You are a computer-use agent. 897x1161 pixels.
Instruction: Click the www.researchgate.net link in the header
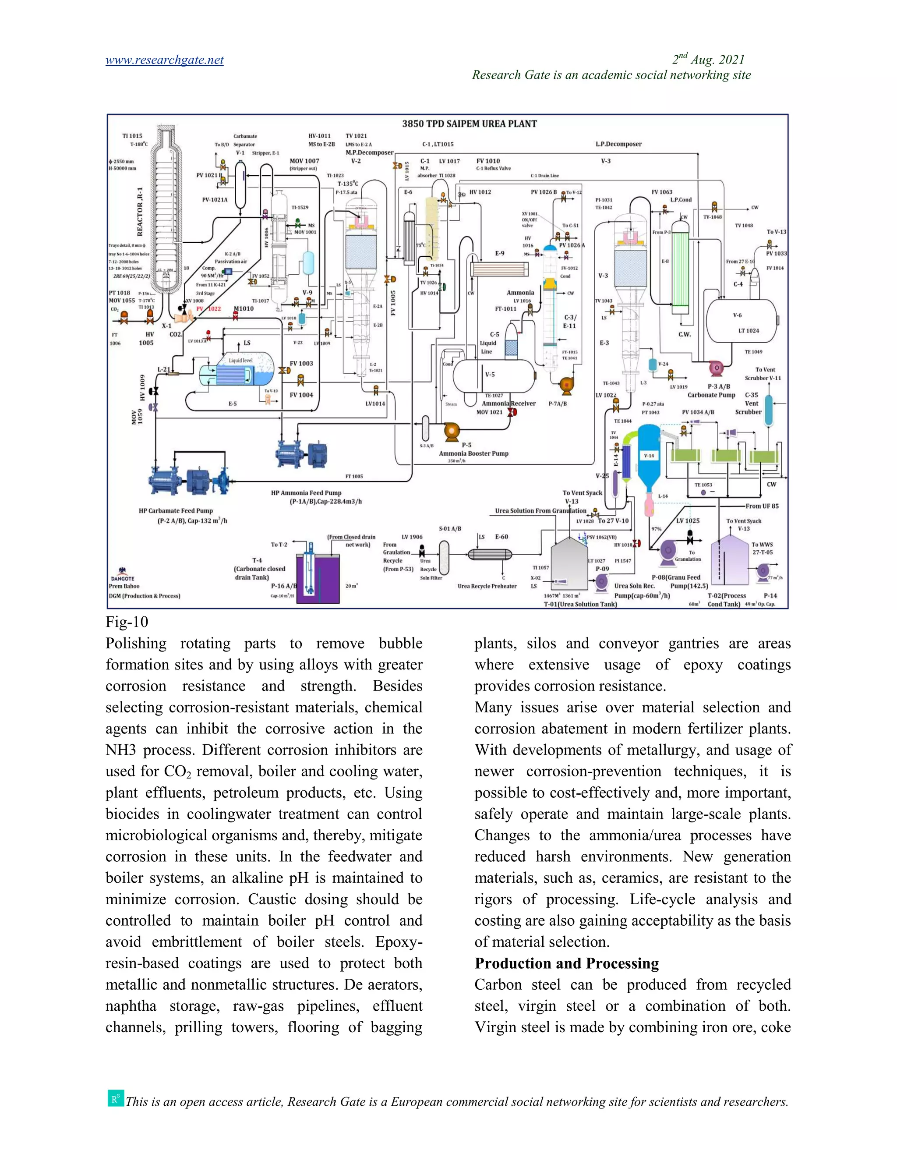point(164,60)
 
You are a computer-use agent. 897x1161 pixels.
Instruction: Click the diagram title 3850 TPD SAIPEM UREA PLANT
point(469,124)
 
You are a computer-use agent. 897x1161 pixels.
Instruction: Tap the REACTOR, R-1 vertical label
point(140,212)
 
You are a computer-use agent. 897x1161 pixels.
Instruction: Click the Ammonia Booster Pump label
point(473,453)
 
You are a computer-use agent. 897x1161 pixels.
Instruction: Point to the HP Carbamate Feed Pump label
point(176,511)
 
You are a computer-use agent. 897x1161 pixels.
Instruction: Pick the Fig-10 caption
point(127,622)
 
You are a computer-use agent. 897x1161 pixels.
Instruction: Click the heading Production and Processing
point(566,963)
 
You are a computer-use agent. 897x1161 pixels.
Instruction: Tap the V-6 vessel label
point(737,315)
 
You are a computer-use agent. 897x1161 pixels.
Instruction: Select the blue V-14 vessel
point(649,456)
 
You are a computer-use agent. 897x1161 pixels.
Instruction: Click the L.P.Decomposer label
point(618,144)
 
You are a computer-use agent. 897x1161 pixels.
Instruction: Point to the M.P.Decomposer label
point(369,152)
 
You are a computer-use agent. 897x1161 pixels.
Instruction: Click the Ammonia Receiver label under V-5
point(509,404)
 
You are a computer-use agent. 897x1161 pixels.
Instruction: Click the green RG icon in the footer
point(116,1098)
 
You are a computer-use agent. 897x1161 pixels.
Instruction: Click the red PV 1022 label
point(208,309)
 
